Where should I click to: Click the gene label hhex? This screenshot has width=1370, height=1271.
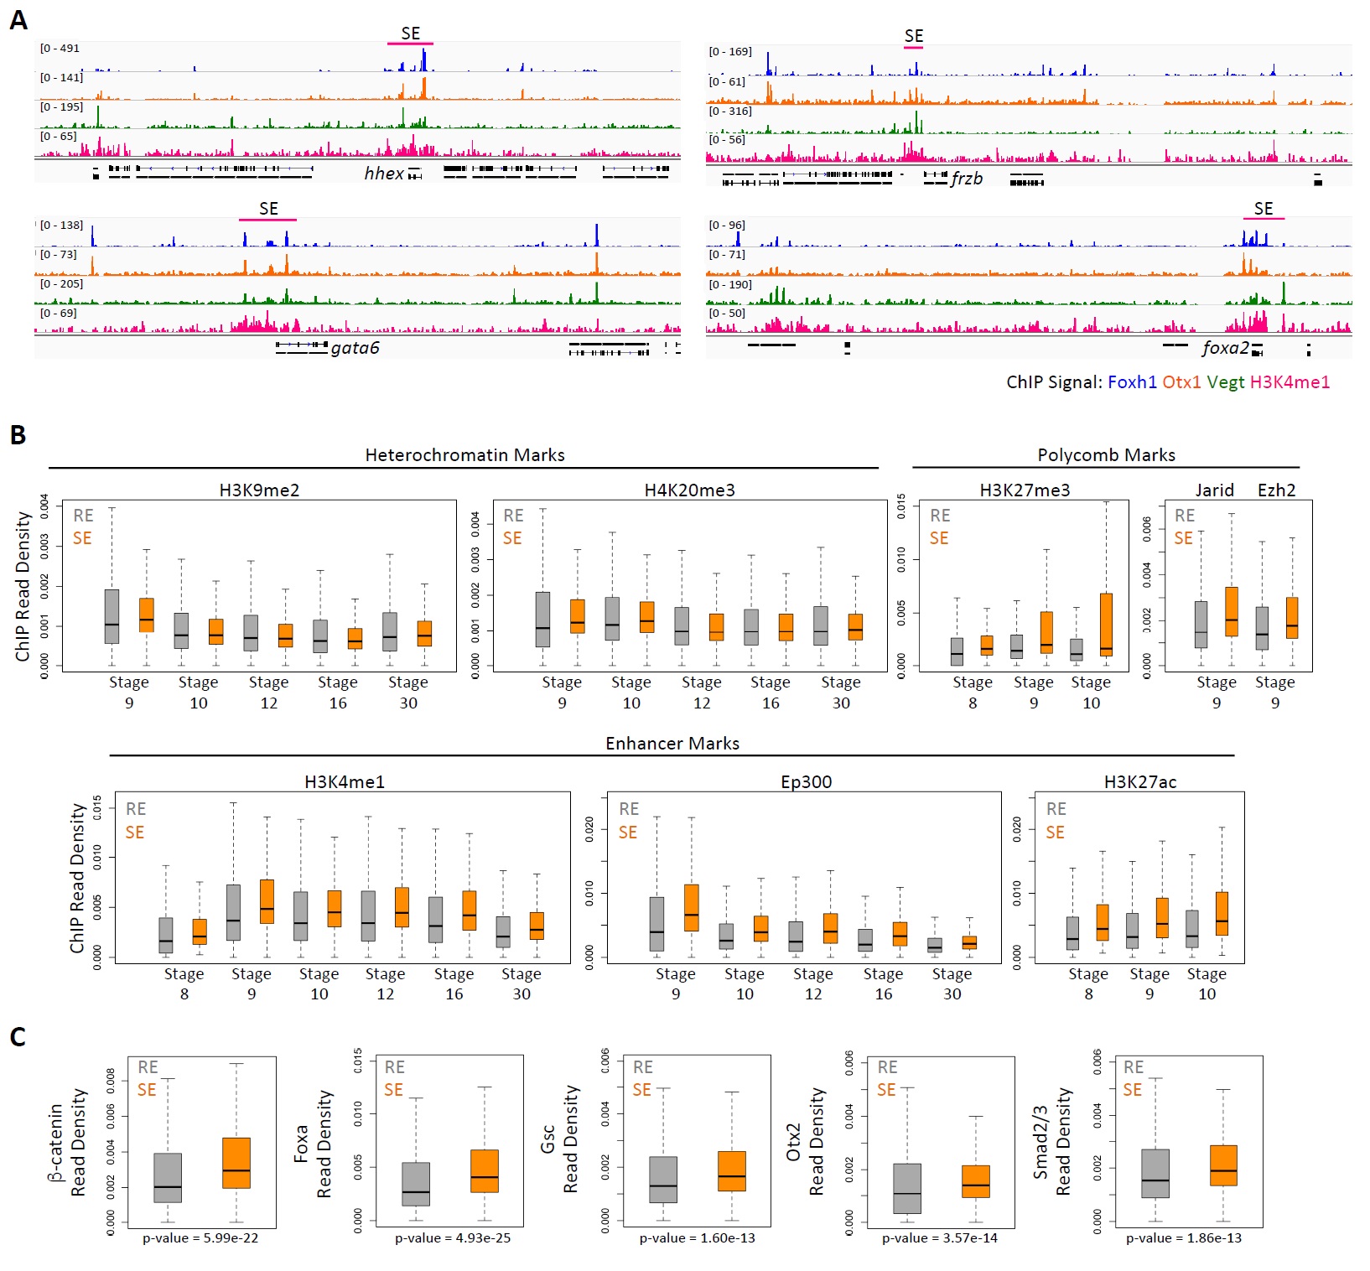coord(384,174)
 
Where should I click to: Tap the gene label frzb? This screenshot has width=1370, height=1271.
coord(967,179)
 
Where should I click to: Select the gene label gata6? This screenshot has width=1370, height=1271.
coord(355,348)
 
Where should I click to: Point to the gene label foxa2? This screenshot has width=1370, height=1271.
coord(1225,348)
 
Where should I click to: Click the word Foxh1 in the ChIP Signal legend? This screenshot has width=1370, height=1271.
coord(1132,382)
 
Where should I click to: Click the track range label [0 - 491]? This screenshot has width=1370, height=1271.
coord(60,49)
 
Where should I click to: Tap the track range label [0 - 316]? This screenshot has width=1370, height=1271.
coord(729,112)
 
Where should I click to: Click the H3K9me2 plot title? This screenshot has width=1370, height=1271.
coord(259,490)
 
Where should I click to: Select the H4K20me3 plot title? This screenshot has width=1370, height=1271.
coord(689,490)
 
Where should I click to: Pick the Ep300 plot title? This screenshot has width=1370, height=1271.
coord(806,782)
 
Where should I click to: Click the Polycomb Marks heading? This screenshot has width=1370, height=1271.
coord(1106,455)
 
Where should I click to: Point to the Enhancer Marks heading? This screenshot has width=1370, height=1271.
coord(672,744)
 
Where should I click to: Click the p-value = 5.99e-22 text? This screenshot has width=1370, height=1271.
coord(200,1238)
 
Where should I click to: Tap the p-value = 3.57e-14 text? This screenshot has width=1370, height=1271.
coord(939,1238)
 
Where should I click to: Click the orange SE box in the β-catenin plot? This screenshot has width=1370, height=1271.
coord(236,1163)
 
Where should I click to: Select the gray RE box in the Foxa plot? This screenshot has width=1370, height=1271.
coord(416,1184)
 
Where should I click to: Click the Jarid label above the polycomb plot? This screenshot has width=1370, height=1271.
coord(1214,490)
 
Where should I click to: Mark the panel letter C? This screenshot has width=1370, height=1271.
coord(18,1038)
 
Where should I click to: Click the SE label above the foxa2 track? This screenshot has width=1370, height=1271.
coord(1263,209)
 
